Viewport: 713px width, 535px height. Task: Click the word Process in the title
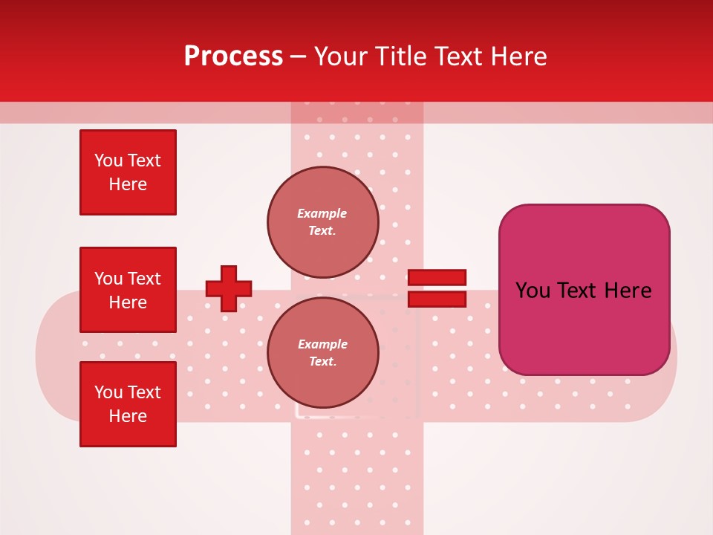click(233, 56)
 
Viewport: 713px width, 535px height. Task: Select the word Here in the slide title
click(519, 56)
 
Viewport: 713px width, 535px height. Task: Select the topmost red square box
click(128, 172)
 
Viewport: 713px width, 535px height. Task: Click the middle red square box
click(128, 290)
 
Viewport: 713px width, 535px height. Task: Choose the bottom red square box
click(128, 404)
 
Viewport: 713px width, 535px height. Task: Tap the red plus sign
click(229, 288)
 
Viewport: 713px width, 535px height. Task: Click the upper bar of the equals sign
click(437, 277)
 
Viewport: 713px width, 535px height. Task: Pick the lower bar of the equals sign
click(437, 299)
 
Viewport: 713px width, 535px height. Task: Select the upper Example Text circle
click(323, 221)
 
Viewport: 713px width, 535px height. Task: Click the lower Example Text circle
click(323, 353)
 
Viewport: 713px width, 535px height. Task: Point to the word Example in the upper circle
click(322, 213)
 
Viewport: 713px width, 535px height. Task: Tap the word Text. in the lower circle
click(323, 361)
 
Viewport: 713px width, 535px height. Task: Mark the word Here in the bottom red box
click(128, 416)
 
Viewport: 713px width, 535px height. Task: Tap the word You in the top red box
click(108, 160)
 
